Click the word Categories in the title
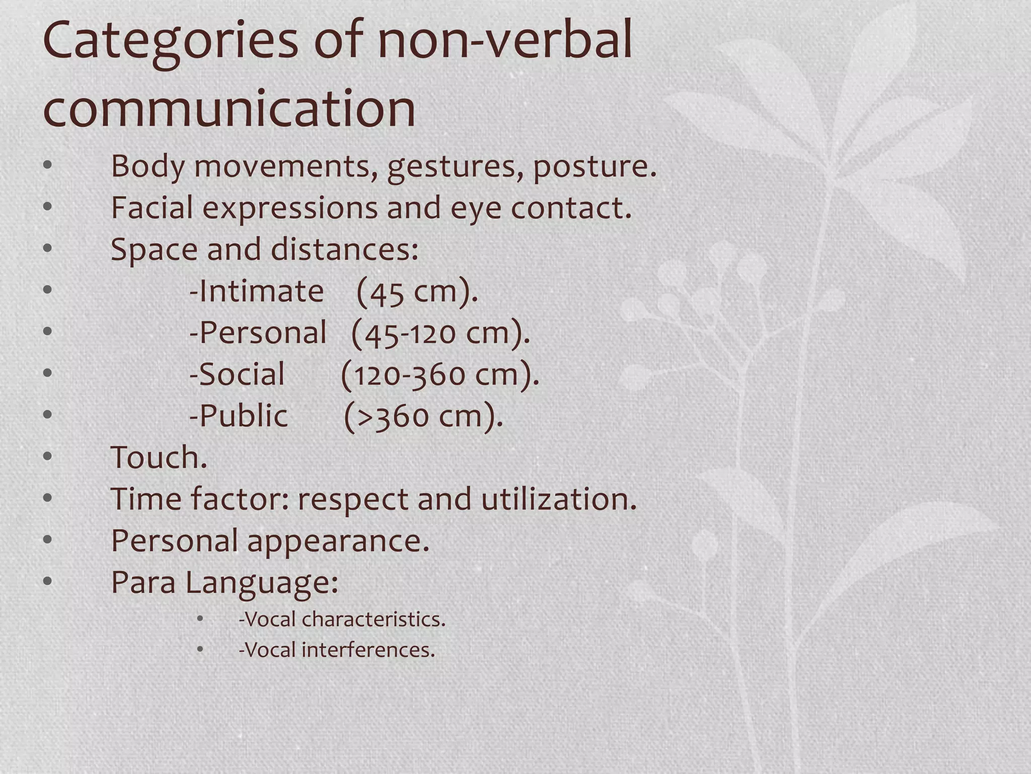coord(171,41)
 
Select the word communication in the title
coord(230,108)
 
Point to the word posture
coord(595,167)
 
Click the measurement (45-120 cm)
coord(440,333)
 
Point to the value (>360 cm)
coord(423,416)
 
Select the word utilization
coord(559,499)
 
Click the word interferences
coord(368,650)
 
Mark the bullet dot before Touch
coord(48,457)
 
